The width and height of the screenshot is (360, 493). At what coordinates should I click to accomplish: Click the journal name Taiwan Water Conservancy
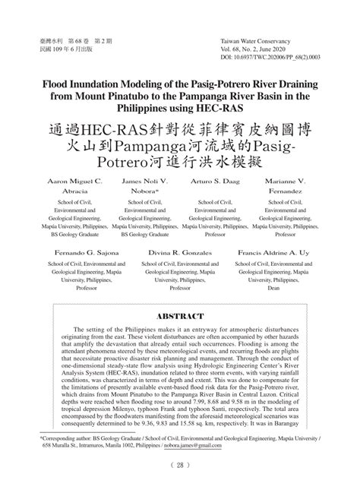[x=258, y=38]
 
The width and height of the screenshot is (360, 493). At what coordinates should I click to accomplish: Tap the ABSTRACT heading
[x=180, y=315]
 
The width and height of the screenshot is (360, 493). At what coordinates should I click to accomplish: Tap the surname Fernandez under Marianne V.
[x=286, y=193]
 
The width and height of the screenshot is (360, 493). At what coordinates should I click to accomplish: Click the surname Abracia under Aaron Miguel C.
[x=74, y=193]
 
